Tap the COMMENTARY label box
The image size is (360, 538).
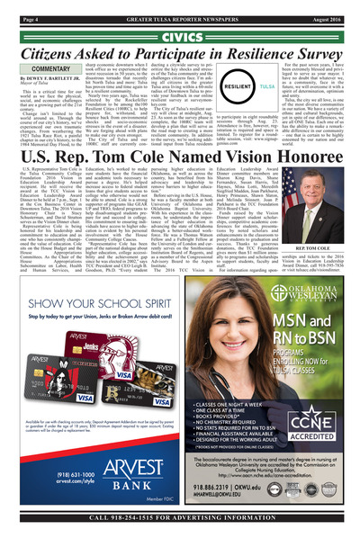pos(41,68)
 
